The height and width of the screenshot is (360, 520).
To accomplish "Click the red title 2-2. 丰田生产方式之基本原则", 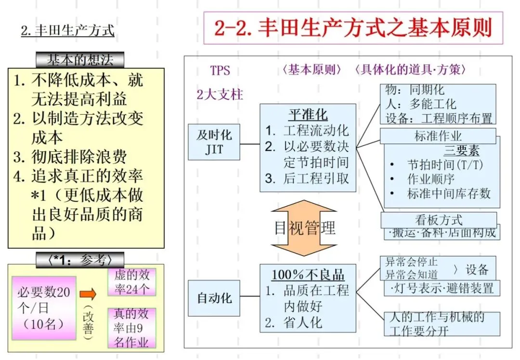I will coord(353,28).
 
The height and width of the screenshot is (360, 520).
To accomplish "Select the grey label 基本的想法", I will coord(80,60).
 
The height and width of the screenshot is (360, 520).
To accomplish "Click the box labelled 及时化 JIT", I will coord(214,142).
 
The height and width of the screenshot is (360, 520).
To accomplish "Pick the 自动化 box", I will coord(214,298).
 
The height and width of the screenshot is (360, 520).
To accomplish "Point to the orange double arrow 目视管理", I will coord(304,227).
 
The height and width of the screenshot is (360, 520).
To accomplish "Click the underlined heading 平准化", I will coord(308,115).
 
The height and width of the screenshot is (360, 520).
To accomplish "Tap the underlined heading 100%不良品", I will coord(308,275).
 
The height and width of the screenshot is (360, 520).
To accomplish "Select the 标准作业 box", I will coord(438,136).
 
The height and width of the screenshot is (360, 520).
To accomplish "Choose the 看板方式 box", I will coord(439,220).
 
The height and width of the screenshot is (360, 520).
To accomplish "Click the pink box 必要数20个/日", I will coord(44,308).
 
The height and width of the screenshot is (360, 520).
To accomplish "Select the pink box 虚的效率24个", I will coord(131,282).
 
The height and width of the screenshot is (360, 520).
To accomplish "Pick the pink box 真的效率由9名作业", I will coord(131,328).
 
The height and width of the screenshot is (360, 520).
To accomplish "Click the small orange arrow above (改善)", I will coord(88,293).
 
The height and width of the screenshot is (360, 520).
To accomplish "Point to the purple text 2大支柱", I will coord(220,94).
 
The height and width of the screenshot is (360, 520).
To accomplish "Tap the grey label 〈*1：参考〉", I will coord(80,260).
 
